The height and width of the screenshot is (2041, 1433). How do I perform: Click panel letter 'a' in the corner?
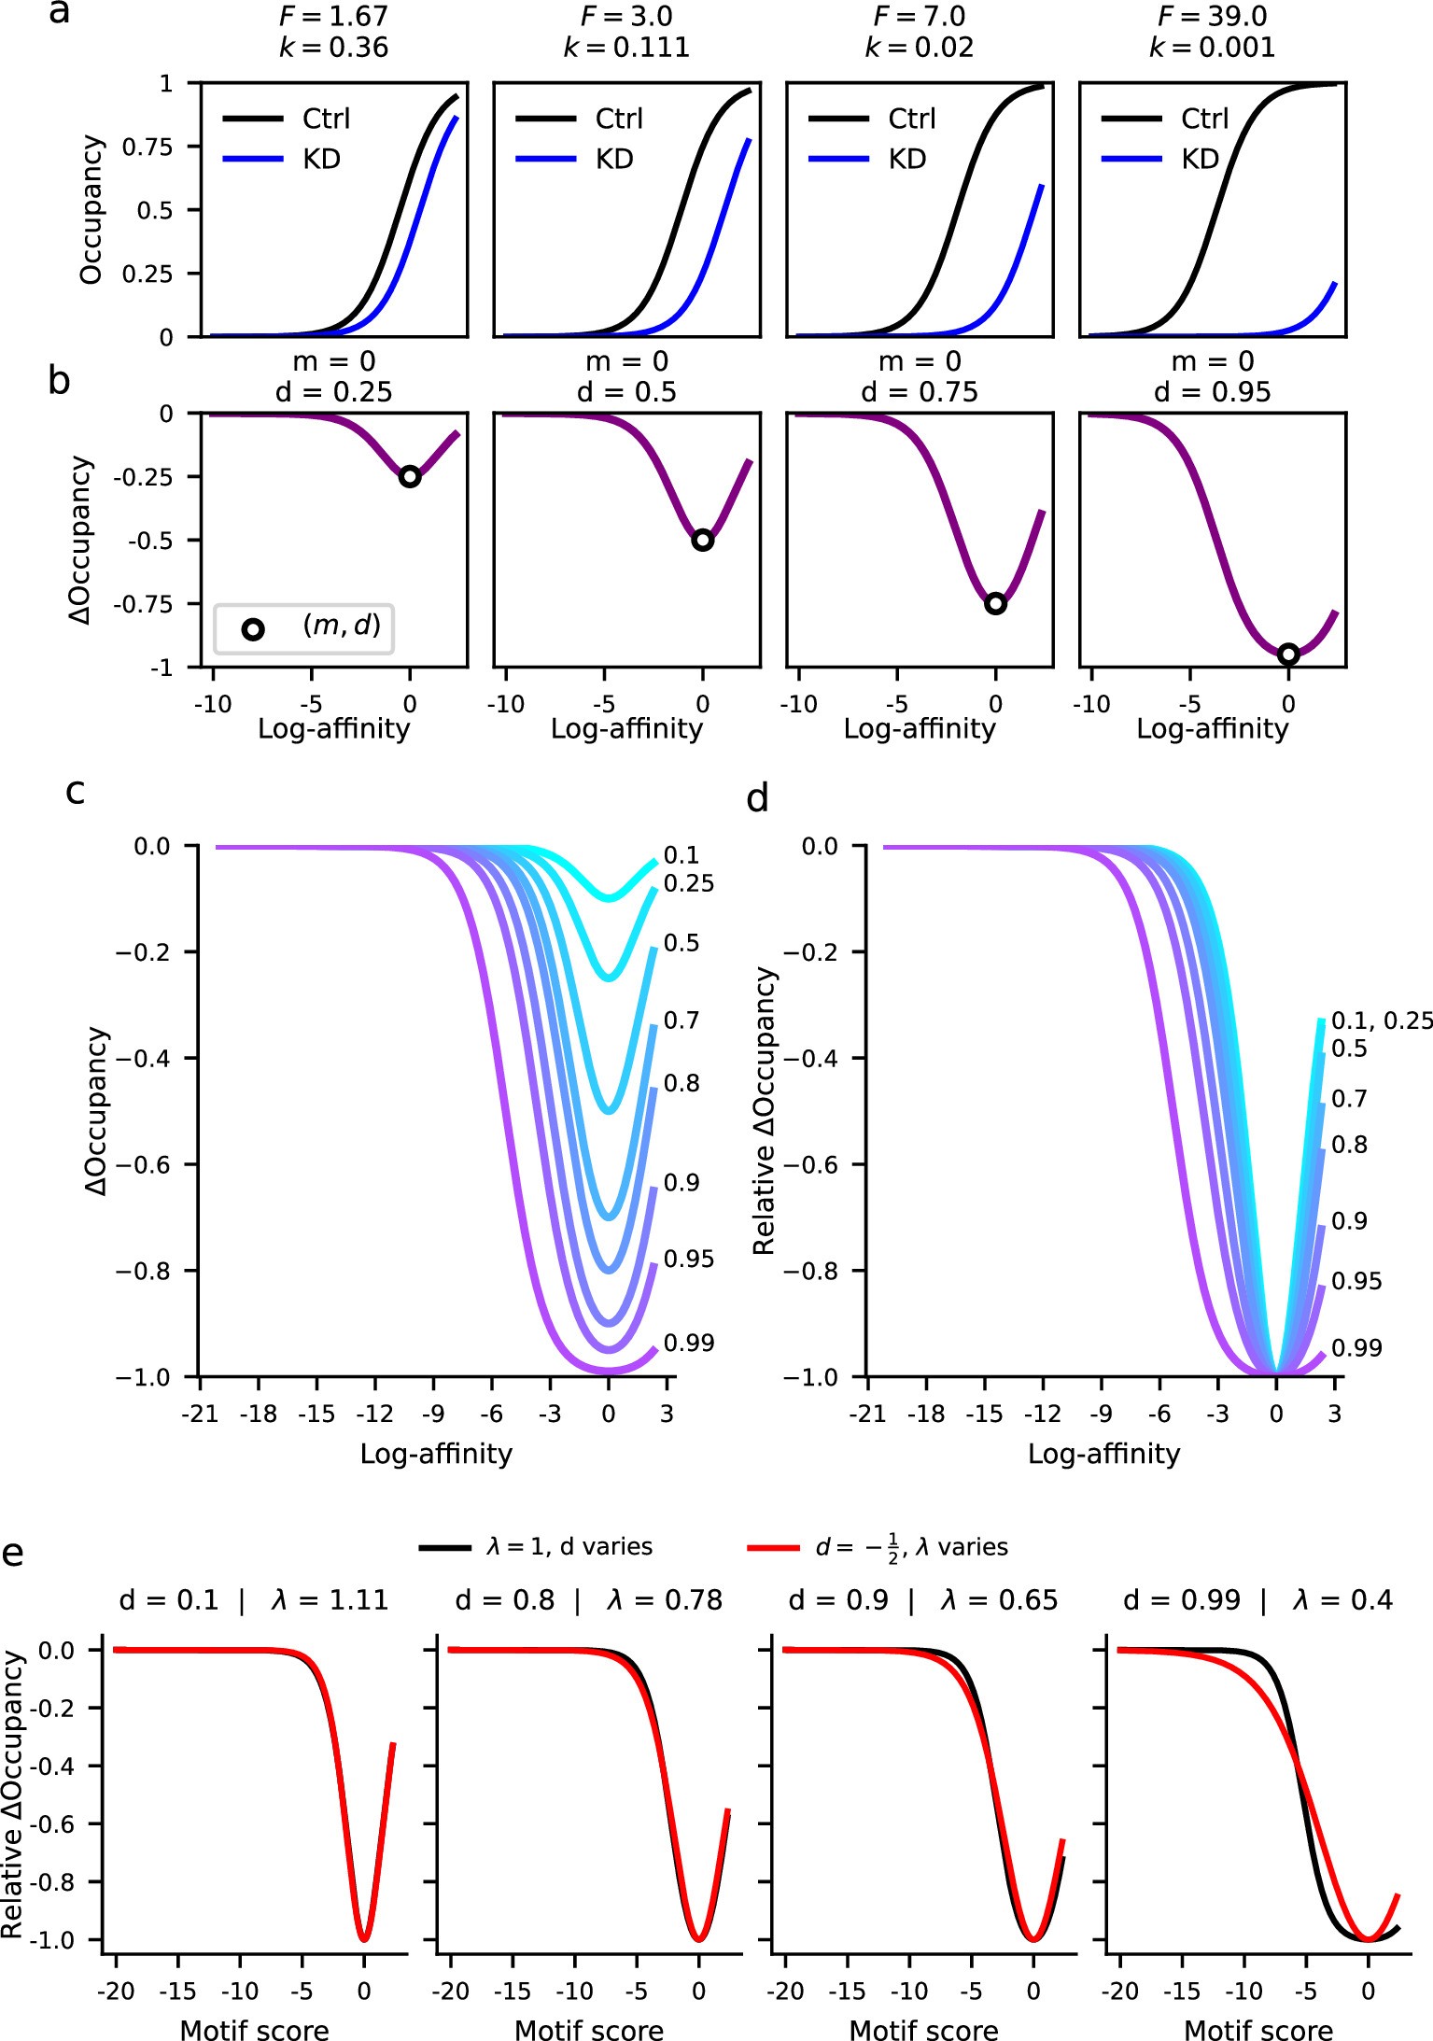59,14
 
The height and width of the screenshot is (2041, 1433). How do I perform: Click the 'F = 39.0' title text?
1212,17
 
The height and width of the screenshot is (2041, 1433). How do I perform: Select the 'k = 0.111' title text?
626,48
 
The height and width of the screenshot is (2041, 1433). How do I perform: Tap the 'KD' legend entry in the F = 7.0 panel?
906,160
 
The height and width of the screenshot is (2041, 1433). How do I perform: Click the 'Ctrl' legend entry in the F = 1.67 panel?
326,119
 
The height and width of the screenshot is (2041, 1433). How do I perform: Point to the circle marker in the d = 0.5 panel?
703,540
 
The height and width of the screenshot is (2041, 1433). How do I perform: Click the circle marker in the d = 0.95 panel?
1288,654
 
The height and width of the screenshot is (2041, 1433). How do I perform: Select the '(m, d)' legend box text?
342,625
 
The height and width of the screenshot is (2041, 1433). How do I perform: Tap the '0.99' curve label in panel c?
689,1343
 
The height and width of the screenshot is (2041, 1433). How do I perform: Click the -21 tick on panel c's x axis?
199,1414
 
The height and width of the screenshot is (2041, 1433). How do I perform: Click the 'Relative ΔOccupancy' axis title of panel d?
765,1111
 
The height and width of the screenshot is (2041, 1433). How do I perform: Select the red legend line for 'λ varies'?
774,1548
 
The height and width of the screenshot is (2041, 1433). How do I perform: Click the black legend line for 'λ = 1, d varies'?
444,1548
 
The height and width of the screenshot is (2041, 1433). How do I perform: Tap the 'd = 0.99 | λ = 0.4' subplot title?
1257,1600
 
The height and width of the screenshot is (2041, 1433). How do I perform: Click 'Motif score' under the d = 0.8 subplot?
589,2023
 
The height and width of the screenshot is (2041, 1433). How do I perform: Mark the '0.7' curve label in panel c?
681,1020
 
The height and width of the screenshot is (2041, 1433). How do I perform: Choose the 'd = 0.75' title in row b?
920,392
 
